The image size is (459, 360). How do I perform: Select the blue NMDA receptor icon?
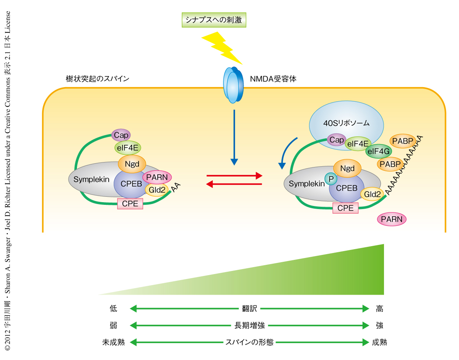233,85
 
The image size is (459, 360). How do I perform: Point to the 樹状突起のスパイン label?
98,79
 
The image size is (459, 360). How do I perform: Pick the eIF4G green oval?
378,151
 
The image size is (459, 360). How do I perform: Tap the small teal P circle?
329,178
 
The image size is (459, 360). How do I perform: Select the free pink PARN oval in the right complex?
392,219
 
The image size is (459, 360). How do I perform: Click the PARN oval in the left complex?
157,177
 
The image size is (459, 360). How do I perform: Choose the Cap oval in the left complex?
121,135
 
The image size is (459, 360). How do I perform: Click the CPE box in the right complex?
345,208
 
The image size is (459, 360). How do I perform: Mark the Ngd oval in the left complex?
132,164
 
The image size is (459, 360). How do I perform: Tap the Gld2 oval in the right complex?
372,194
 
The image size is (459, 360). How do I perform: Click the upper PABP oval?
402,141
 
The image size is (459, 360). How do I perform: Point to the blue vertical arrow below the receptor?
234,138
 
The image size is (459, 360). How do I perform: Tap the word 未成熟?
114,342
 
